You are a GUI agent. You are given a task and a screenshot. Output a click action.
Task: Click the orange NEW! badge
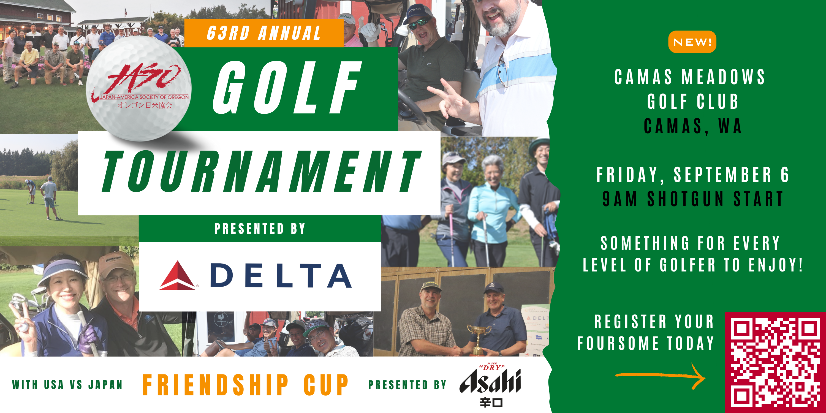(692, 42)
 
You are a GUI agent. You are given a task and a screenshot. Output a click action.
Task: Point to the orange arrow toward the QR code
(661, 376)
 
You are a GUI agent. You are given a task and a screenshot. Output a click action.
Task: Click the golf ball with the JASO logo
(138, 88)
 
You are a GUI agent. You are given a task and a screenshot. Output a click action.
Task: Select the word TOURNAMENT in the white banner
(261, 171)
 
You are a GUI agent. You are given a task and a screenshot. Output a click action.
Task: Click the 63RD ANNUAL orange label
(264, 33)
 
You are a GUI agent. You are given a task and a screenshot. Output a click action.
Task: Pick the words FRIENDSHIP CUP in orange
(245, 385)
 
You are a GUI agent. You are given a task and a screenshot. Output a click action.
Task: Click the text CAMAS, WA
(693, 126)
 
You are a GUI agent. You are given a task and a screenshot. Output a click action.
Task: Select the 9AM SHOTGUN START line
(693, 199)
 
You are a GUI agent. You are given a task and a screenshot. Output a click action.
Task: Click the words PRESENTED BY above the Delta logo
(260, 229)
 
